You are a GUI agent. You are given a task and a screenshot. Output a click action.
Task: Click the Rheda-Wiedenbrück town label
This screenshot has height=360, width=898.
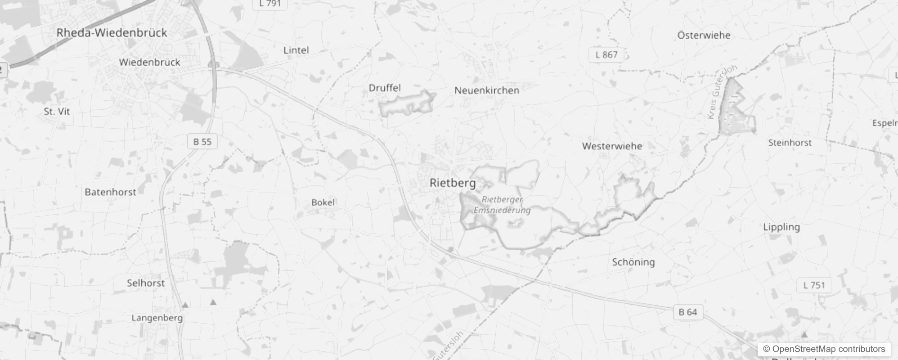pos(112,33)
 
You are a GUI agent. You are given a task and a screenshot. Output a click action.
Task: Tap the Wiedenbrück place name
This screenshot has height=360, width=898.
pos(149,62)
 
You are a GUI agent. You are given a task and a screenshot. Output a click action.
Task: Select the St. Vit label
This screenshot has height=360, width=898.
pos(57,111)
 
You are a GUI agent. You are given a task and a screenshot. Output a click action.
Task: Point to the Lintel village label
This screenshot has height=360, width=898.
pos(296,50)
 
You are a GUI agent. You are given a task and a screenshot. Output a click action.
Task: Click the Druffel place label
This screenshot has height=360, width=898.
pos(385,88)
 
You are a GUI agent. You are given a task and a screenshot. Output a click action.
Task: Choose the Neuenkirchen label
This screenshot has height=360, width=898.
pos(487,90)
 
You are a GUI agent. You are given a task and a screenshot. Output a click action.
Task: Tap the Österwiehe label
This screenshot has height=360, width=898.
pos(704,36)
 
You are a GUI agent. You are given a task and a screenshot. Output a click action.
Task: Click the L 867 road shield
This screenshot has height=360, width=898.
pos(606,55)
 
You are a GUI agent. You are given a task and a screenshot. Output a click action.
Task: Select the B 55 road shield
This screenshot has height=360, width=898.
pos(202,142)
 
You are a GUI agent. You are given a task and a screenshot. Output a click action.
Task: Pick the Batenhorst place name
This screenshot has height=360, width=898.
pos(110,192)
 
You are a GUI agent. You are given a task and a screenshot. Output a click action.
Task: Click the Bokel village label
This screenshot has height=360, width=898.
pos(323,202)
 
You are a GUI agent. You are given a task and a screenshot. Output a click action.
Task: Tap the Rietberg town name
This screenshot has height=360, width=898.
pos(453,183)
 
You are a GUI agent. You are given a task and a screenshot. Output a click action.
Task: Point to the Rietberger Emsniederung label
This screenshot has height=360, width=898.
pos(502,205)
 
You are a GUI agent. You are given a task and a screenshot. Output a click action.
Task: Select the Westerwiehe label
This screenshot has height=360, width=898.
pos(612,146)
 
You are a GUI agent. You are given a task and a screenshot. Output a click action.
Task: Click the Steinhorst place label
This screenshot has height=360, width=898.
pos(790,143)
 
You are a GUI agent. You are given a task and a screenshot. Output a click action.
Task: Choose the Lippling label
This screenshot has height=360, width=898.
pos(781,227)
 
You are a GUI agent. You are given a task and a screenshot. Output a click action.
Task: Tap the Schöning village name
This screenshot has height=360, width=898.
pos(633,262)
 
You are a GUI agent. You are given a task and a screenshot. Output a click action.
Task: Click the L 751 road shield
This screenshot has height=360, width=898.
pos(814,285)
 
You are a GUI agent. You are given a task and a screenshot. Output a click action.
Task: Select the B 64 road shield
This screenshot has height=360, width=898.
pos(688,312)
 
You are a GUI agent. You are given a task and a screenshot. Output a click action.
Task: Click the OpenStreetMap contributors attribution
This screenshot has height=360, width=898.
pos(828,349)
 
